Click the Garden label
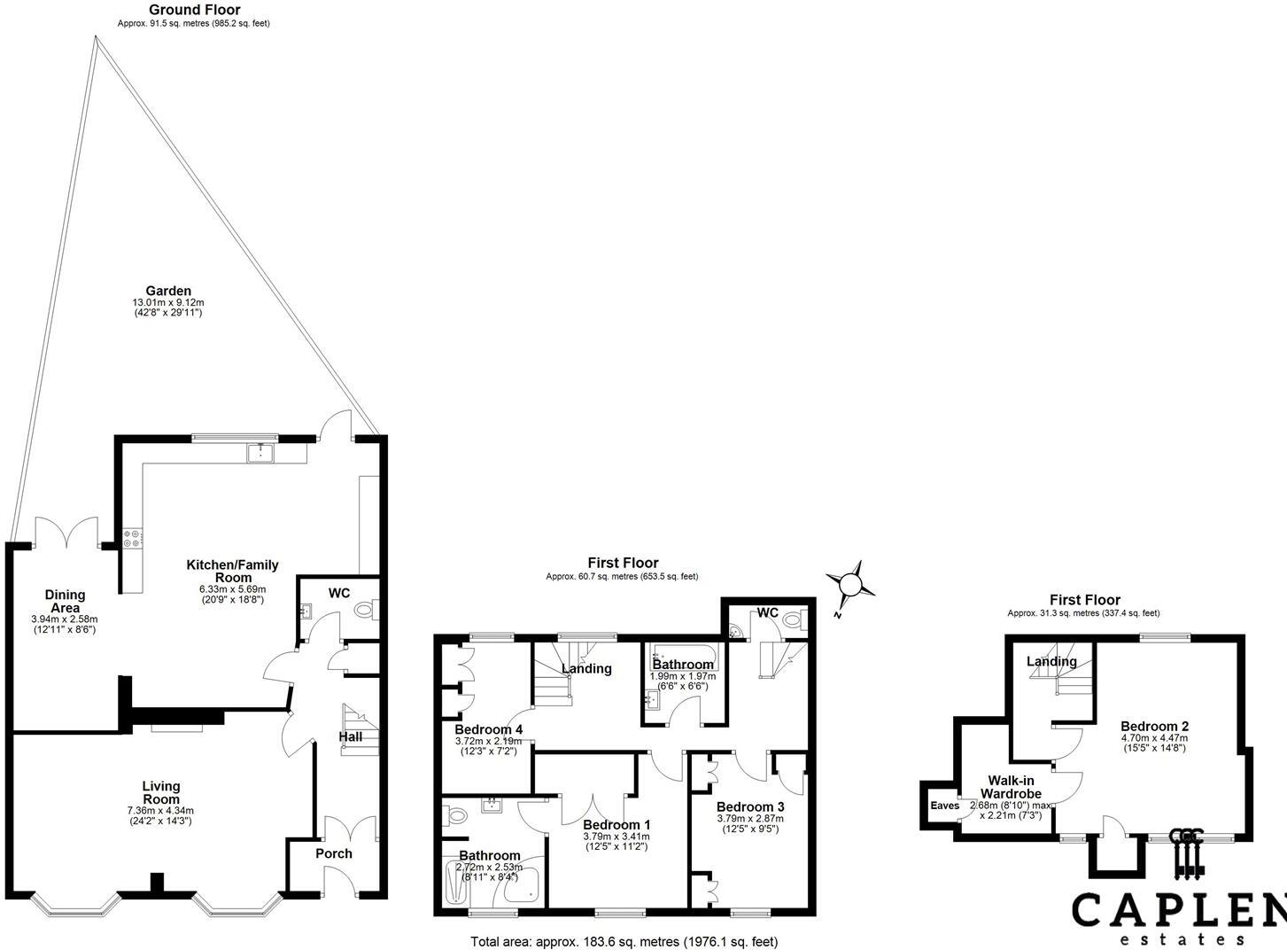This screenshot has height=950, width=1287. pos(168,291)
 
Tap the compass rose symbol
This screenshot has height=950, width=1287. pos(850,584)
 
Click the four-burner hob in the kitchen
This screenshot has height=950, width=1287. pos(132,538)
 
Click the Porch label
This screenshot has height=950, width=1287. pos(334,853)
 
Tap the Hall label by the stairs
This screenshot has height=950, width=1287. pos(351,737)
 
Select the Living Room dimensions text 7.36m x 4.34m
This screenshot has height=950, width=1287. pos(160,811)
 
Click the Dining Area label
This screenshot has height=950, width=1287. pos(65,601)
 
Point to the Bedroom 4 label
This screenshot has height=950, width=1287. pos(489,729)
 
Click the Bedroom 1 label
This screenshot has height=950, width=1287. pos(616,824)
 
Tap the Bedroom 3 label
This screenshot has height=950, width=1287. pos(750,806)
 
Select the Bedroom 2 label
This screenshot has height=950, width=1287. pos(1155,726)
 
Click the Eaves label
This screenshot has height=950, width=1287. pos(944,806)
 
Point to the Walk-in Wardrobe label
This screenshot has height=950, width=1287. pos(1011,787)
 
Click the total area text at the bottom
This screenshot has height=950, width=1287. pos(624,941)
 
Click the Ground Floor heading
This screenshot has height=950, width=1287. pos(194,10)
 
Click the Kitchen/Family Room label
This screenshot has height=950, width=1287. pos(232,572)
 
